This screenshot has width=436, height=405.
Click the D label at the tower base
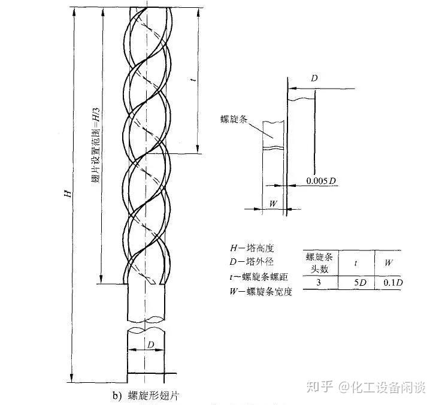152,343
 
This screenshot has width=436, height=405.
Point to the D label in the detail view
314,78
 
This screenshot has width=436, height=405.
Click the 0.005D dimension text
320,180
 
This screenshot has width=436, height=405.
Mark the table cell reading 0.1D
390,282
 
